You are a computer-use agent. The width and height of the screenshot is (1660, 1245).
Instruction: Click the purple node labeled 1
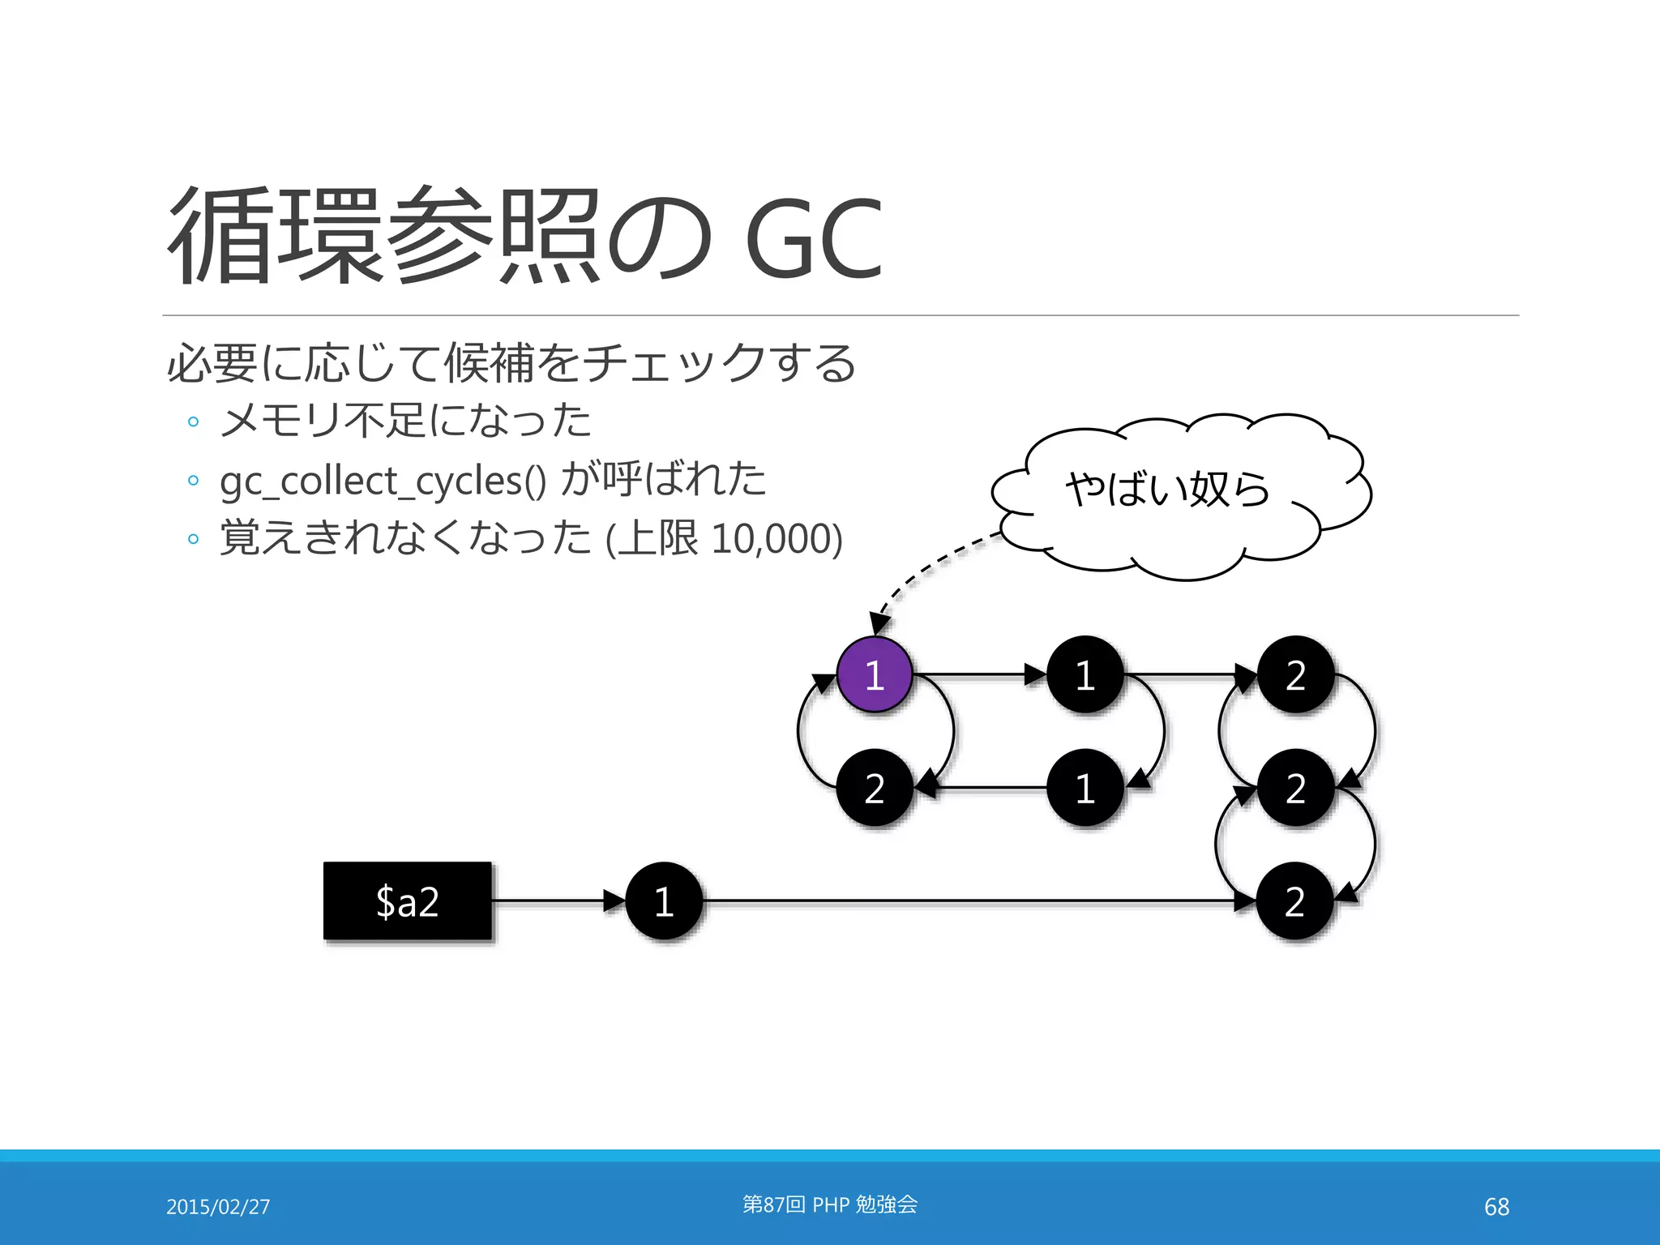[x=874, y=674]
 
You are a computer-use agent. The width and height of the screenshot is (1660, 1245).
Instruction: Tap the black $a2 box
[x=408, y=901]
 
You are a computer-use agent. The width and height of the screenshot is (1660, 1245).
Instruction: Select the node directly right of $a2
[x=664, y=901]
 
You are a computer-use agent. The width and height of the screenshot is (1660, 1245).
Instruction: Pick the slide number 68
[x=1496, y=1206]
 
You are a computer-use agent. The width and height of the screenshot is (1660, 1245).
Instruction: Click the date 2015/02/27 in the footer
[x=218, y=1206]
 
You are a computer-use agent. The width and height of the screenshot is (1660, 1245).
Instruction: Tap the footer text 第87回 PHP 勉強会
[x=829, y=1204]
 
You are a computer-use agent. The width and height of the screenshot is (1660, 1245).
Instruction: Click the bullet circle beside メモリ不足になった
[x=193, y=421]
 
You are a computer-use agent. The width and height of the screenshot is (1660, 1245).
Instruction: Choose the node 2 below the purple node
[x=874, y=788]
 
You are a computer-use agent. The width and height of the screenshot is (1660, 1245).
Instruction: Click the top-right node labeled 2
[x=1295, y=674]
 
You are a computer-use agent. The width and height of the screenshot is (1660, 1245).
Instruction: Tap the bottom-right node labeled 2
[x=1294, y=901]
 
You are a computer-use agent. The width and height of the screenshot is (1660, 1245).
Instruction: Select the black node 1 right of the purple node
[x=1085, y=674]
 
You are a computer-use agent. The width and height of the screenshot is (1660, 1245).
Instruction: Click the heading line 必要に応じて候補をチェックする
[x=511, y=363]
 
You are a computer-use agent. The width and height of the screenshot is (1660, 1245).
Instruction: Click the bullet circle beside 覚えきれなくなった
[x=193, y=539]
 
